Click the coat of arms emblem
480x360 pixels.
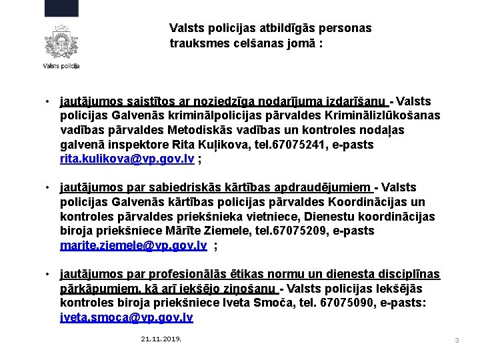coord(61,43)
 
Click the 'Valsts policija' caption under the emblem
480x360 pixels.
coord(61,66)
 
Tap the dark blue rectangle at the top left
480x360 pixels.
coord(61,8)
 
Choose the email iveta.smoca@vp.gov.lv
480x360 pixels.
coord(127,317)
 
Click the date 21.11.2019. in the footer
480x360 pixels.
coord(161,339)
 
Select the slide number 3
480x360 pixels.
coord(457,341)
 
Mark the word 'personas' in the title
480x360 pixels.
coord(343,29)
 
